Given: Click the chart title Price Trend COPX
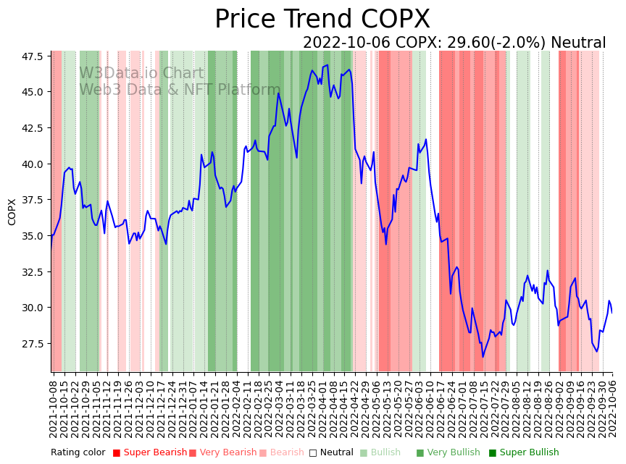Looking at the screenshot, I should (322, 20).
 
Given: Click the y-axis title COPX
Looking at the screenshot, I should (12, 211).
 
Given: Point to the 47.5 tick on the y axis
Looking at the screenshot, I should (31, 56).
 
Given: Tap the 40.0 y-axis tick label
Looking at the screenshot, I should (31, 164).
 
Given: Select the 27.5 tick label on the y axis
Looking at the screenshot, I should (31, 344).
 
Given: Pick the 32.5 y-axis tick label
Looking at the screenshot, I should (31, 272).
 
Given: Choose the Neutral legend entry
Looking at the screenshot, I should (331, 452).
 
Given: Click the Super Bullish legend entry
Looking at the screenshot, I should (524, 452).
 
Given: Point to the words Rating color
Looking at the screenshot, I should (78, 452).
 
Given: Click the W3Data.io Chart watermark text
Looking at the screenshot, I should (141, 73).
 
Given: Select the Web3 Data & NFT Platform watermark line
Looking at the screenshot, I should (179, 90).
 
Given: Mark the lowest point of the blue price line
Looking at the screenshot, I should (483, 356).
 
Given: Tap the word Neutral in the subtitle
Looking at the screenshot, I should (578, 43).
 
